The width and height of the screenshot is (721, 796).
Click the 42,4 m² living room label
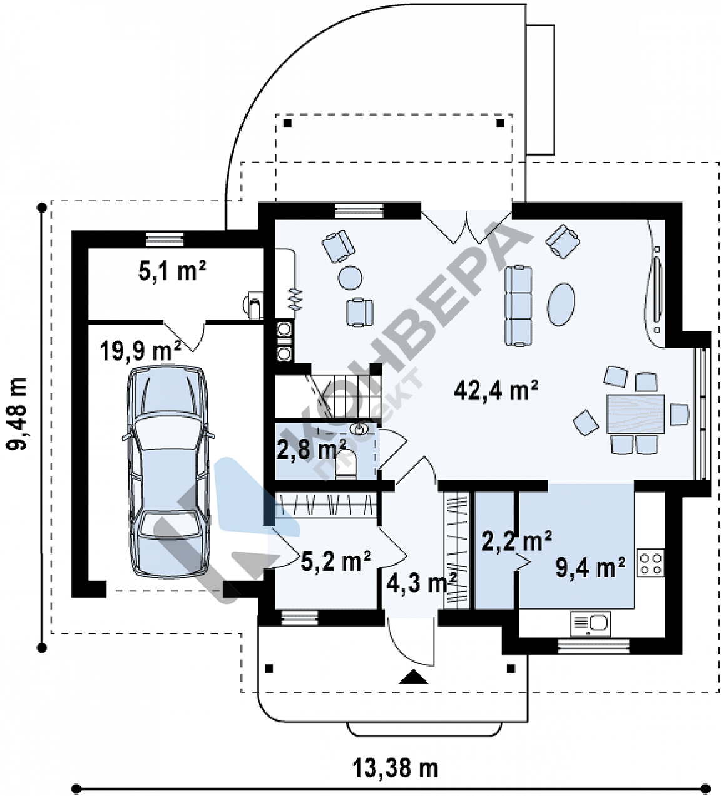496,391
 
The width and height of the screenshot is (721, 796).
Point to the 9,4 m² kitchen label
590,568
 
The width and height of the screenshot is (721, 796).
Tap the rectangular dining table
636,413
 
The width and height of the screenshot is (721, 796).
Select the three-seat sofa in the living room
518,306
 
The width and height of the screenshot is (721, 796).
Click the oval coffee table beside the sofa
561,304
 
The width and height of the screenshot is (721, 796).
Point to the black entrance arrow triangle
413,677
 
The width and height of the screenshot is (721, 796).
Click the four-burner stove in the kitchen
651,564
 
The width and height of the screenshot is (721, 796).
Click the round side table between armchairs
350,278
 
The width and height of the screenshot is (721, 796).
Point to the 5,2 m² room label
335,561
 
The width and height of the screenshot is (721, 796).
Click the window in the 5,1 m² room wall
165,239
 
